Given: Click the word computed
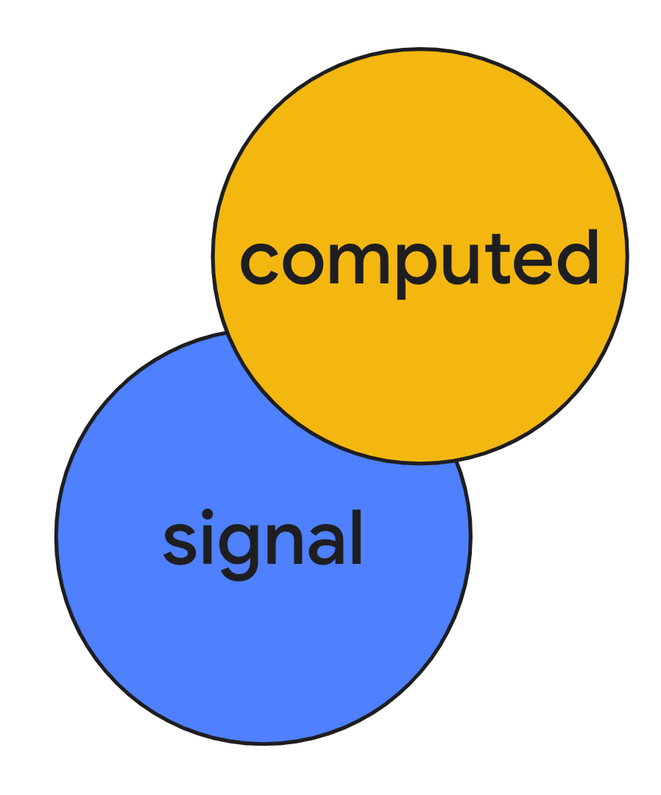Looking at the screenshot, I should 420,259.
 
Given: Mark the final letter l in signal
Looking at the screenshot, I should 357,537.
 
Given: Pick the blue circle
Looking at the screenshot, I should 221,648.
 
